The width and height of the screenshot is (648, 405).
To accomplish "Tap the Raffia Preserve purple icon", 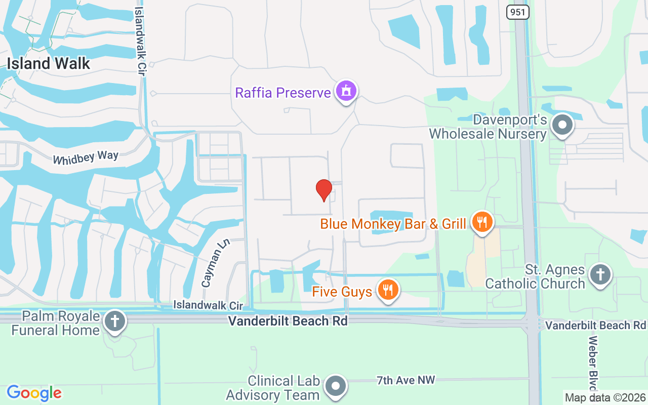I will coord(347,92).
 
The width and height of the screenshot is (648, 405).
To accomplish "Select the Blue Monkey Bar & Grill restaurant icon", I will coord(482,222).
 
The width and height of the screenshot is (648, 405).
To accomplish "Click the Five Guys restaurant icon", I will coord(388,291).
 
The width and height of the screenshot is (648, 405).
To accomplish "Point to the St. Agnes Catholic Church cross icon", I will coord(600,274).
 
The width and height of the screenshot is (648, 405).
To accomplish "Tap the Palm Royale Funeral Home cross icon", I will coord(114,321).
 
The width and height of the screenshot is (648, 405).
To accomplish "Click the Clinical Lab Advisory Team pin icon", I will coord(335,386).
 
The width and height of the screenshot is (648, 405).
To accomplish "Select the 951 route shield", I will coord(517,12).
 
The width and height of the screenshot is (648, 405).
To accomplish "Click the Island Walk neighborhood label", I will coord(48,63).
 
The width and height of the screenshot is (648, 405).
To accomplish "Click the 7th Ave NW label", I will coord(406,380).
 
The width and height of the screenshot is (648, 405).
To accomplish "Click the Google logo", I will coord(34,392).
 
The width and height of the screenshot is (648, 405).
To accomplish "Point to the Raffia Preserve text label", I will coord(282,93).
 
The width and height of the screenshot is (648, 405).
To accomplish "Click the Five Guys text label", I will coord(342,292).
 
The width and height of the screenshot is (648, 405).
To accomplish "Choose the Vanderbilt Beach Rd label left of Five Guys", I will coord(288,321).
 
